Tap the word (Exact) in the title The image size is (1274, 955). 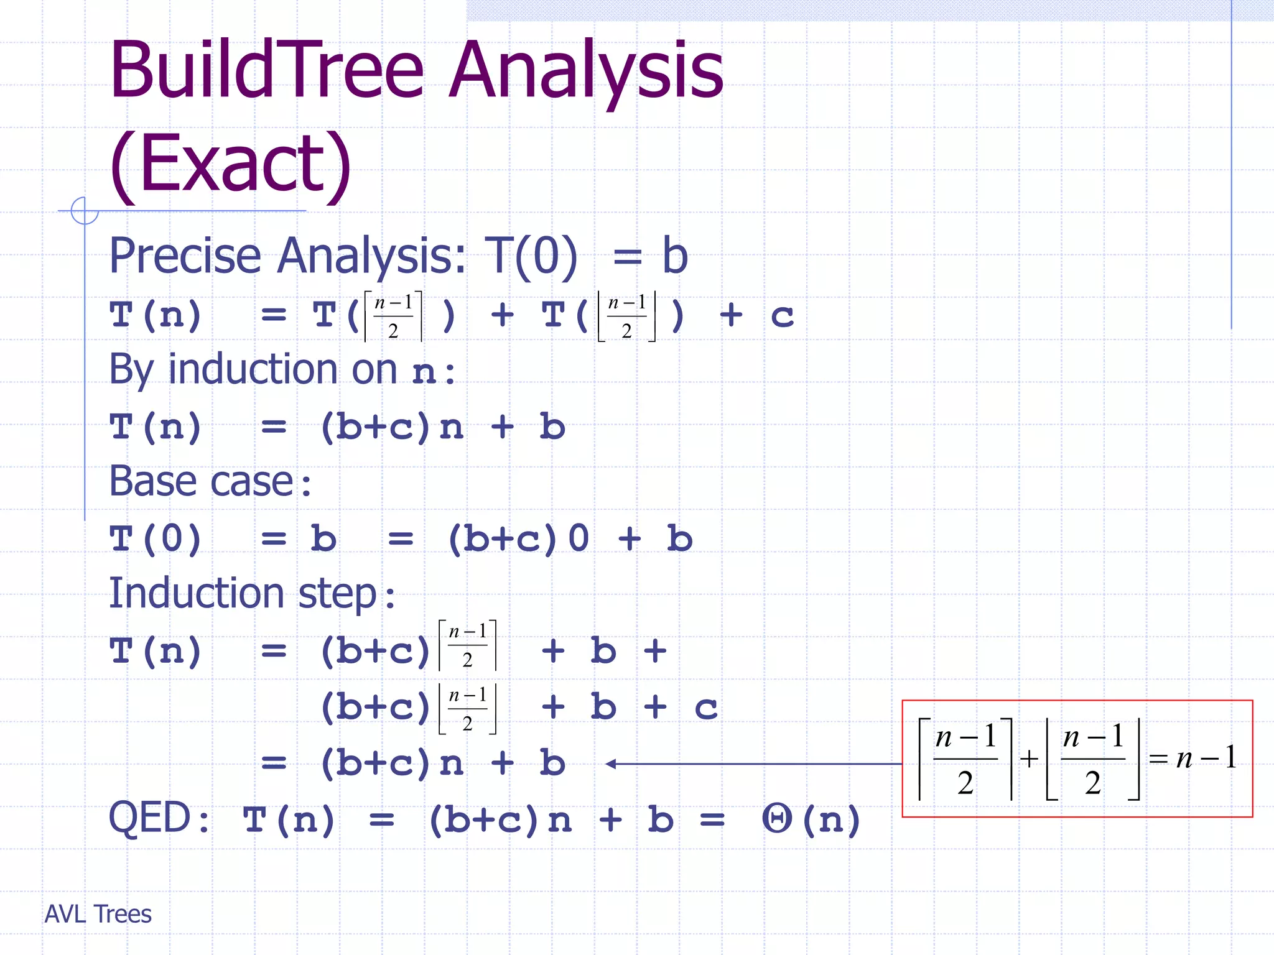coord(230,165)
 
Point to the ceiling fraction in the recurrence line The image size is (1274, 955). coord(393,316)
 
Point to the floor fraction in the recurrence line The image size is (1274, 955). coord(626,316)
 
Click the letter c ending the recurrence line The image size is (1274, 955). coord(782,316)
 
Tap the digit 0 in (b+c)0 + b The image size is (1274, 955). coord(579,538)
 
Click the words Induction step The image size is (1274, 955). coord(243,593)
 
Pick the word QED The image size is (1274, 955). coord(150,818)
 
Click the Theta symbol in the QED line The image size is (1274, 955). coord(777,819)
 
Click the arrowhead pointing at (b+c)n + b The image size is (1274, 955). coord(611,764)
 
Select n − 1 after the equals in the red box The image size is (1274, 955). coord(1206,758)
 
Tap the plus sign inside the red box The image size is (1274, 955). coord(1029,759)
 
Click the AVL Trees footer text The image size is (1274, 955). coord(98,914)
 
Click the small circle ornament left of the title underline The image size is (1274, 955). coord(85,211)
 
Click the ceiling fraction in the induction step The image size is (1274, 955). coord(468,645)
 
